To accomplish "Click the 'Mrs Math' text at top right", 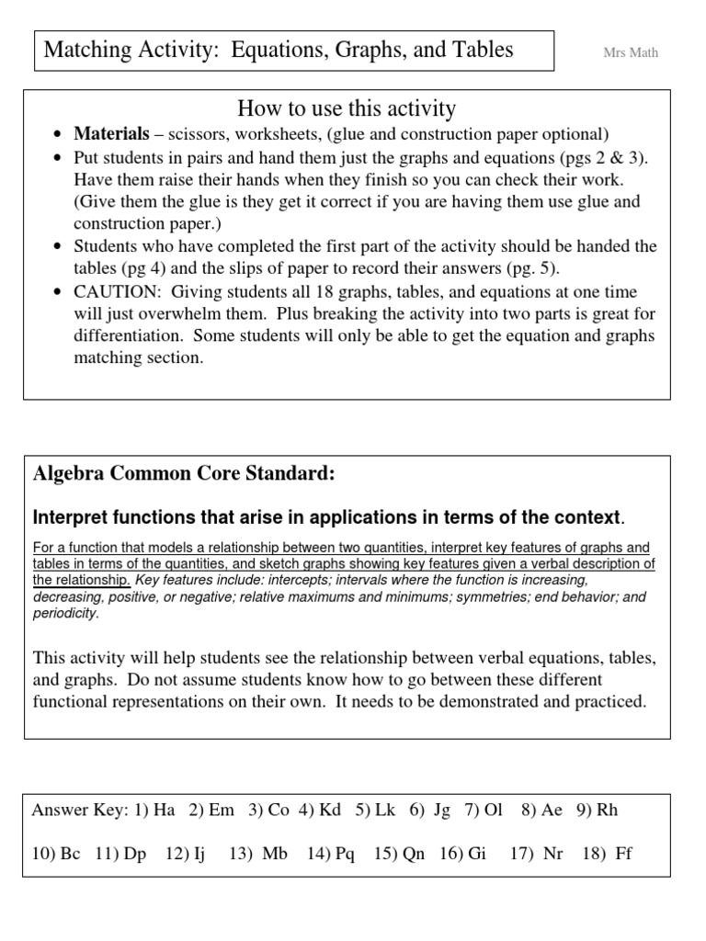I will (x=630, y=52).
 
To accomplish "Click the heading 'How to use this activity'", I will (x=347, y=109).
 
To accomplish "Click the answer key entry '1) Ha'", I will (x=154, y=811).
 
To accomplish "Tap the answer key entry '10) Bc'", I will (x=56, y=854).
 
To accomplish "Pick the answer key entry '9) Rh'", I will (x=597, y=811).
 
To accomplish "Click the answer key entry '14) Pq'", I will (x=331, y=854).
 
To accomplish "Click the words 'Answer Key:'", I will (x=77, y=811).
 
